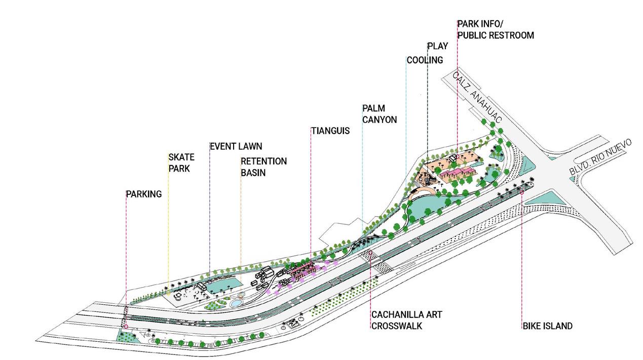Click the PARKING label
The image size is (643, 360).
(144, 194)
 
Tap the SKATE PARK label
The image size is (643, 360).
(181, 163)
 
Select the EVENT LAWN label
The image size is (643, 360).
(237, 146)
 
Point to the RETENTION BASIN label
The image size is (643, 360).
(263, 167)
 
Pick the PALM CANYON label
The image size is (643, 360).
(380, 114)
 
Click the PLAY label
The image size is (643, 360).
(438, 46)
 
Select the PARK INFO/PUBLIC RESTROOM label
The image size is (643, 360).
(496, 29)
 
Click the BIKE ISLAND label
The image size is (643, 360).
(548, 326)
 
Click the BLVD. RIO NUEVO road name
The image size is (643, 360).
(601, 158)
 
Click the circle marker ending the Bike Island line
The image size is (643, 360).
(522, 192)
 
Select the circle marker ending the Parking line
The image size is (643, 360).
(126, 327)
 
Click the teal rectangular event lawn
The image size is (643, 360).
(219, 285)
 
